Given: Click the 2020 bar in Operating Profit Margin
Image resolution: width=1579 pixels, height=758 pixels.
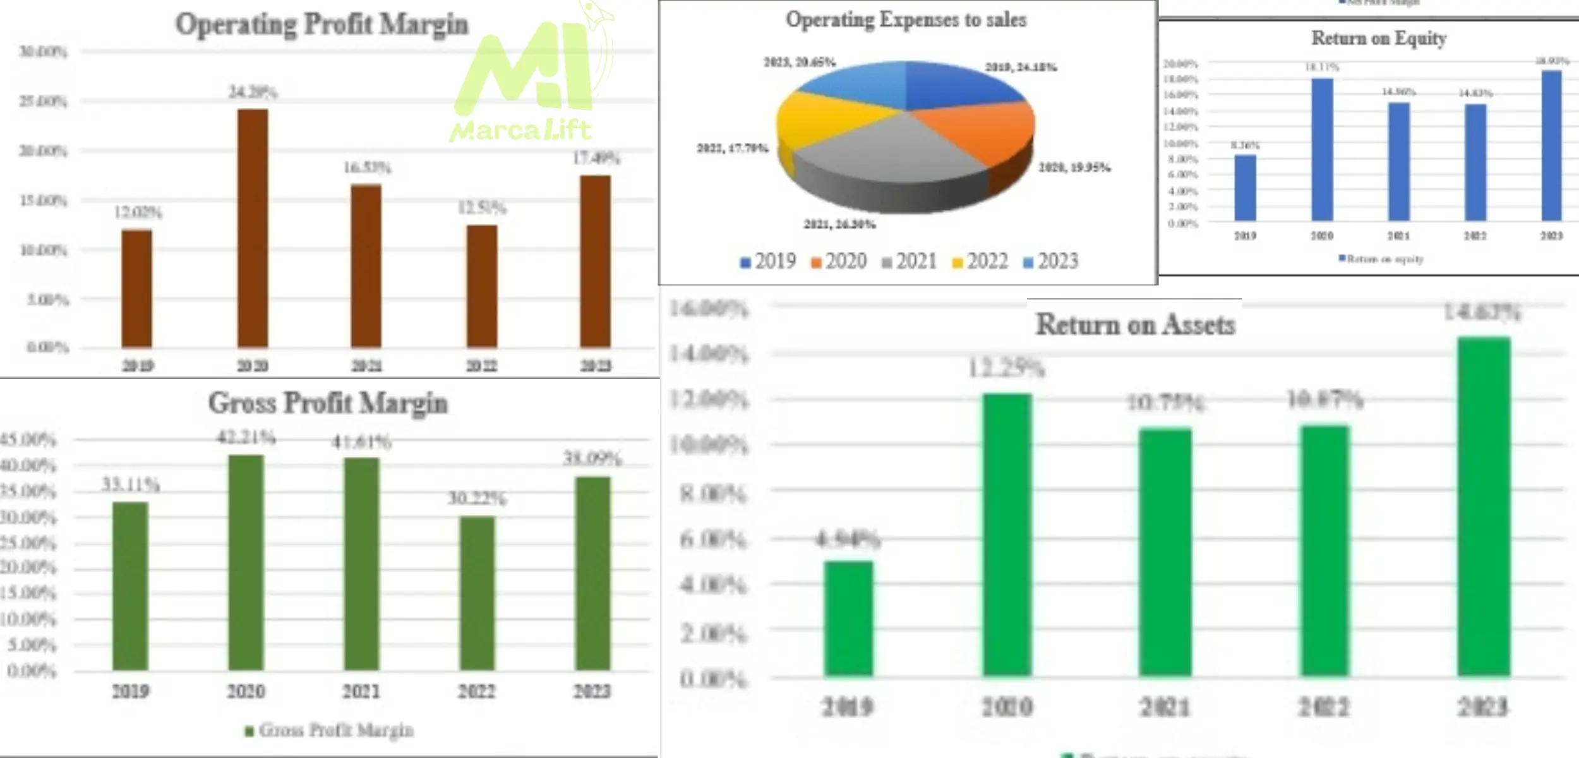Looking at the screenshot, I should tap(253, 227).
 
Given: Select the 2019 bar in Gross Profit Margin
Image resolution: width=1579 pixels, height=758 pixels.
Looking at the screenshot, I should tap(130, 586).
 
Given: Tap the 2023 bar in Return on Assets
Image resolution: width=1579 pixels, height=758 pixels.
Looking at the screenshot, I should tap(1484, 505).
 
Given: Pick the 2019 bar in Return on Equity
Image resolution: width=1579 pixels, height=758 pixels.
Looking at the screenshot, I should tap(1245, 188).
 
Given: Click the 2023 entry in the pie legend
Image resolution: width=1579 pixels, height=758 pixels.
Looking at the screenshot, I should tap(1051, 262).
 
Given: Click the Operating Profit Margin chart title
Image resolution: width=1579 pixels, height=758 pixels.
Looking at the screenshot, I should tap(321, 24).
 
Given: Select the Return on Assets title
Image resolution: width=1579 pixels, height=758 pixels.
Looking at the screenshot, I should tap(1135, 325).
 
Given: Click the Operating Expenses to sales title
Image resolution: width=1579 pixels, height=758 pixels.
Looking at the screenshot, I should tap(906, 20).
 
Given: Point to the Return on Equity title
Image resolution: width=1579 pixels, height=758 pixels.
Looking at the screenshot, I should tap(1378, 38).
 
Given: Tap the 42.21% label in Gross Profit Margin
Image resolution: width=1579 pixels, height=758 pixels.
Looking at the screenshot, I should tap(246, 437).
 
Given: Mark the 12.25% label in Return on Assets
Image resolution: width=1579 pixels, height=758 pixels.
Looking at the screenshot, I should tap(1007, 368).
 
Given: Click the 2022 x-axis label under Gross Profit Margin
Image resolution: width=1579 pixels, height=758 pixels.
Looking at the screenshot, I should tap(477, 691).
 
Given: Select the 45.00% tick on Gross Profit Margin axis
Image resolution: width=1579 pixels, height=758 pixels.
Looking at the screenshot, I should tap(28, 440).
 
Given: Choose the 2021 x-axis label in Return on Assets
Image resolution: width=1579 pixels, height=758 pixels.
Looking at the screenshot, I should tap(1165, 706).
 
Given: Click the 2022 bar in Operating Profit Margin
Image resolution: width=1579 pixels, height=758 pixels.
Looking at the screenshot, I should tap(482, 286).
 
